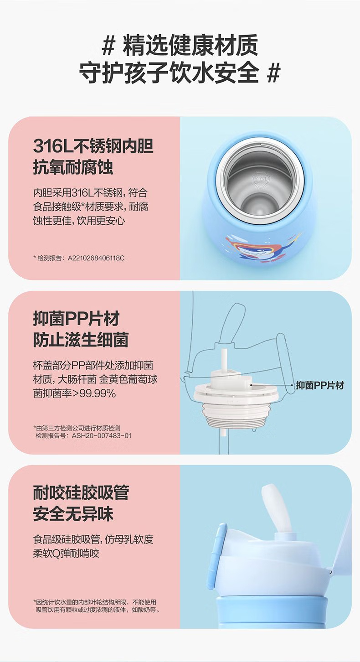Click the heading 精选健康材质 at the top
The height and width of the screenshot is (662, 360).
[190, 46]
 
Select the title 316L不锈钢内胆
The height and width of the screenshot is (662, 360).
[93, 146]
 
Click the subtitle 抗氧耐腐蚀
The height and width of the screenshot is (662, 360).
[73, 167]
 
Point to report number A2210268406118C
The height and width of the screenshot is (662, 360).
[96, 258]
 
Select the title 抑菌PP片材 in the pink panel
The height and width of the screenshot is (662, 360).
[76, 319]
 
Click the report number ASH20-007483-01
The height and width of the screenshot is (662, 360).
[101, 435]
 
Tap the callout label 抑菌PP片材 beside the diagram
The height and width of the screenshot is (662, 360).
[320, 385]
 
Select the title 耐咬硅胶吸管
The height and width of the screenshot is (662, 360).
[81, 492]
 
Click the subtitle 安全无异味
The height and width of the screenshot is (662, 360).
[73, 514]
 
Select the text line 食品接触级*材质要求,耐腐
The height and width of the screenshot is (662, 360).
[90, 207]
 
